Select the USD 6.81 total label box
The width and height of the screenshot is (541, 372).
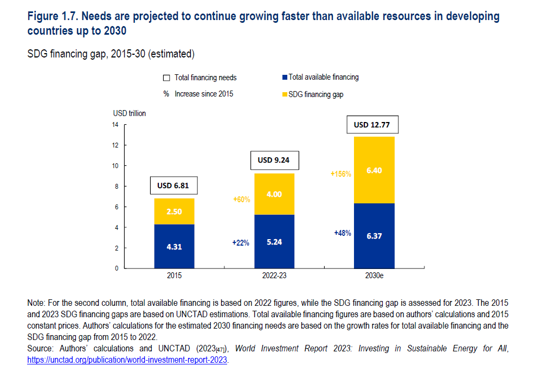(x=174, y=185)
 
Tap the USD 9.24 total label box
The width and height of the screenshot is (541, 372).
(x=274, y=160)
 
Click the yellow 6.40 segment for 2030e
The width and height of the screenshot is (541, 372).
(x=374, y=170)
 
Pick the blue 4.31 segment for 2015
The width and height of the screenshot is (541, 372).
(x=174, y=246)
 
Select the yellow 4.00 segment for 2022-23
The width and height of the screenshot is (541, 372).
(x=274, y=194)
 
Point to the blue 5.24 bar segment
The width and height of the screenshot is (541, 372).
(x=274, y=242)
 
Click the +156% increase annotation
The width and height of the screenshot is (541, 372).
(x=341, y=174)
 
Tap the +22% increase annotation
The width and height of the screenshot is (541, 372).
(x=241, y=243)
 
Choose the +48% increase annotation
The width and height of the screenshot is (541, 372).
(x=343, y=233)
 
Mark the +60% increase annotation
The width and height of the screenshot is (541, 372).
(x=242, y=200)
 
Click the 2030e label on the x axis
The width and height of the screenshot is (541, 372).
(x=374, y=276)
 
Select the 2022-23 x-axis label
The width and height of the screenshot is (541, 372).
(x=274, y=276)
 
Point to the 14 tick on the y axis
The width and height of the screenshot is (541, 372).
(x=116, y=125)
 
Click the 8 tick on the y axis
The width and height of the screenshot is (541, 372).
(x=116, y=186)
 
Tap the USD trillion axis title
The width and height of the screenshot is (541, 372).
(x=130, y=113)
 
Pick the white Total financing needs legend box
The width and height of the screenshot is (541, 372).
(x=167, y=78)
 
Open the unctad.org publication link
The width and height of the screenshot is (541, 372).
(x=127, y=360)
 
